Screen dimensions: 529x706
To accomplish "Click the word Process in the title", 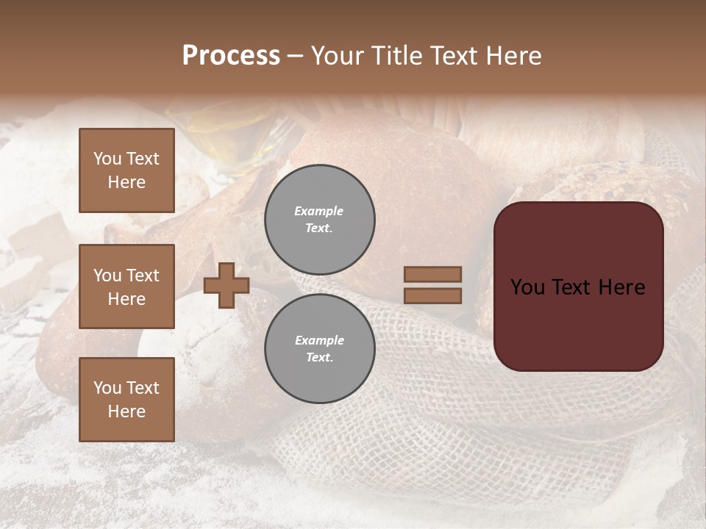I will tap(231, 56).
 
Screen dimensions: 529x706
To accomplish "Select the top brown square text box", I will tap(126, 170).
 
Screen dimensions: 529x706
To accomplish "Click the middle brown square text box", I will tap(126, 287).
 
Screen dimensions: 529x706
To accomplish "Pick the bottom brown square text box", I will tap(126, 400).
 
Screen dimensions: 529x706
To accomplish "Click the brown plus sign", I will tap(227, 286).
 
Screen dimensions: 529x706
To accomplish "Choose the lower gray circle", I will tap(320, 349).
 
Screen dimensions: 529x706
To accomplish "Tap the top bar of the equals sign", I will tap(432, 275).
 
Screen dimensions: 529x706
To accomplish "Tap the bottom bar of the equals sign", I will tap(432, 295).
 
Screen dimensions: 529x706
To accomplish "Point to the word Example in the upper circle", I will tap(318, 211).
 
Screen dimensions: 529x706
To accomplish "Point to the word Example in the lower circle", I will tap(319, 340).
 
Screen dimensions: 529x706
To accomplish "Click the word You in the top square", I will tap(107, 159).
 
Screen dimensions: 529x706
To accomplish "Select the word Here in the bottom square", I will tap(126, 411).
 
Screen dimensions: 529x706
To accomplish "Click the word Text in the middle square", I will tap(142, 276).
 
